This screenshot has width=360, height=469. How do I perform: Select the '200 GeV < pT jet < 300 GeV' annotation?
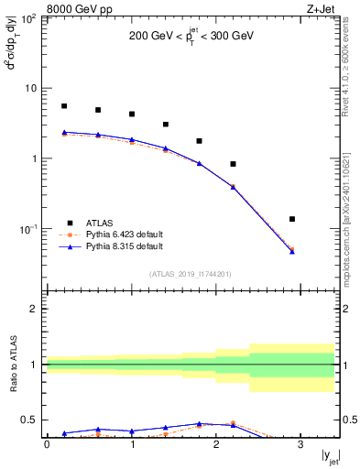(191, 38)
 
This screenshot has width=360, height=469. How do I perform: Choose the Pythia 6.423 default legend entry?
(123, 234)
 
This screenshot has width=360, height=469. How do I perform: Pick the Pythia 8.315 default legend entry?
(123, 246)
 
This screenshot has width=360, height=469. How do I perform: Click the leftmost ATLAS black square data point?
(64, 106)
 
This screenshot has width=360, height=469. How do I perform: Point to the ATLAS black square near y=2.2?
(234, 164)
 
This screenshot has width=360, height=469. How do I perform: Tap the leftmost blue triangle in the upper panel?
(64, 132)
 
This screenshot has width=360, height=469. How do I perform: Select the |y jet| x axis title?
(329, 457)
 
